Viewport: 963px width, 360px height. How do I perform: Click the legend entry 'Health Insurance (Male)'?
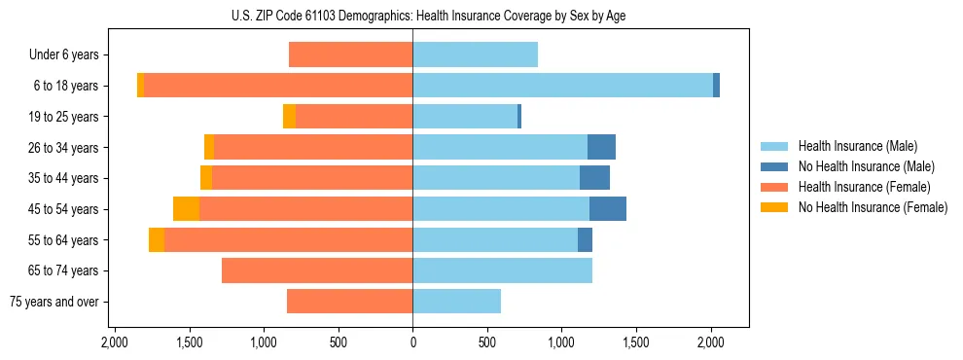[857, 146]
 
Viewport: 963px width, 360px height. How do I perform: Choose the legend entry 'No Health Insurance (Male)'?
[866, 166]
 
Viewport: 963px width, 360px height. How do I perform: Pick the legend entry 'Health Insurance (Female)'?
[864, 187]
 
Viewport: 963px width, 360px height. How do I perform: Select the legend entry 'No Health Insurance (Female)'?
[872, 207]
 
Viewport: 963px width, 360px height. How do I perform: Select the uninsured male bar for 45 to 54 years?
[608, 209]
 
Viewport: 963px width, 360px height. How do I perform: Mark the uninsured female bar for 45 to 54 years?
[186, 209]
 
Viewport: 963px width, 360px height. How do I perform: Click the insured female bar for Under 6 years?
[350, 55]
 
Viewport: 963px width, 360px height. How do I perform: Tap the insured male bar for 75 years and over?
[456, 302]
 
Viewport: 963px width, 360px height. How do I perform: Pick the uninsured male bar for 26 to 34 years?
[601, 147]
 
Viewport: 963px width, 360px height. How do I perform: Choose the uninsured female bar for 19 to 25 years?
[289, 117]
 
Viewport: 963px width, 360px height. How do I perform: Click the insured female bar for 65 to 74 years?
[317, 270]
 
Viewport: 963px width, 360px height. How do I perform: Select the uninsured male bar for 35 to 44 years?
[594, 178]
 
